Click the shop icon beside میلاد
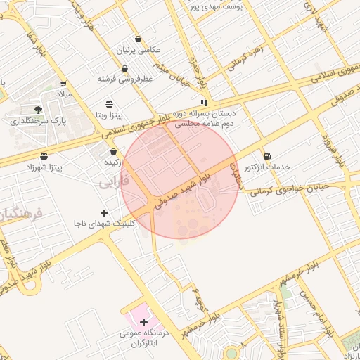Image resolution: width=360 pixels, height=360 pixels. (63, 83)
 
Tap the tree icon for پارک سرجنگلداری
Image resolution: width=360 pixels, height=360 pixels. (38, 110)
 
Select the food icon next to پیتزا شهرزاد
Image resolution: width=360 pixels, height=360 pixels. (44, 156)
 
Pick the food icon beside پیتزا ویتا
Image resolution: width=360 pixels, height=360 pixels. (109, 103)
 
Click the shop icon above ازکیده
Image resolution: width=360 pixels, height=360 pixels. (113, 151)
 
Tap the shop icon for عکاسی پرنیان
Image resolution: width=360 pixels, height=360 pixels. (139, 39)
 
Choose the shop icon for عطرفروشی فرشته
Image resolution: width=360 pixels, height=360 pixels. (124, 69)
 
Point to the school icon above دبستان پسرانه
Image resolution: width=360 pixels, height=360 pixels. (204, 103)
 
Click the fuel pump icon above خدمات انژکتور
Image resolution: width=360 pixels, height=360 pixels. (266, 156)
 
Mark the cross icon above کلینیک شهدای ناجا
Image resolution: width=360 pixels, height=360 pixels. (105, 212)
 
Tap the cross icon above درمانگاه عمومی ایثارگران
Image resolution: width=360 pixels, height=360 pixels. (143, 322)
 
